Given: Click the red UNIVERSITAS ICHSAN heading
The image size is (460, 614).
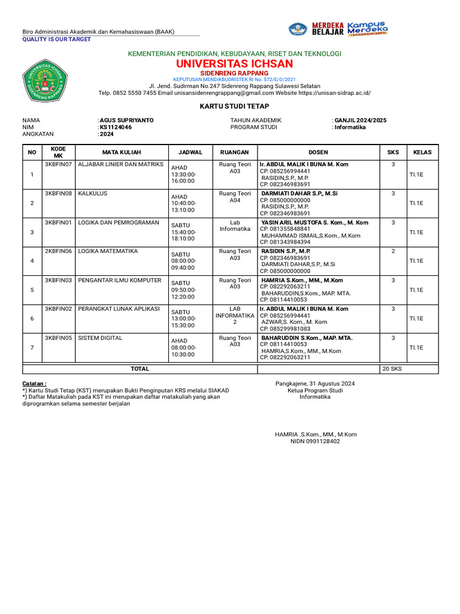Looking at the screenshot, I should point(234,64).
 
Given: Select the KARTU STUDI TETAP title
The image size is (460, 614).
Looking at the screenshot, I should point(234,105).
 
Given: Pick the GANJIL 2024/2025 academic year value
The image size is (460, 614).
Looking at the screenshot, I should point(360,120).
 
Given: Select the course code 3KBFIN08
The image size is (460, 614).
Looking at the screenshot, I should point(58,194).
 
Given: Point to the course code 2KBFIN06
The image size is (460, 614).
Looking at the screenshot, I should point(58,251).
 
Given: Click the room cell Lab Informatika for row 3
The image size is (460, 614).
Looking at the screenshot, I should point(235,225).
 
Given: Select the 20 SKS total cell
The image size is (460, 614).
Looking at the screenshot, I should point(393,369).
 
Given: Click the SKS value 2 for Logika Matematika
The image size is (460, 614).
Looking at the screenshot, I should point(393,251).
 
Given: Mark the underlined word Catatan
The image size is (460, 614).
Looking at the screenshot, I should point(34,383).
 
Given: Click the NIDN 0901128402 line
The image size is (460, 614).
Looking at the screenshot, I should point(315,441).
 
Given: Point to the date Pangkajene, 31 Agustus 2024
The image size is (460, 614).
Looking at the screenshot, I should point(315,383).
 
